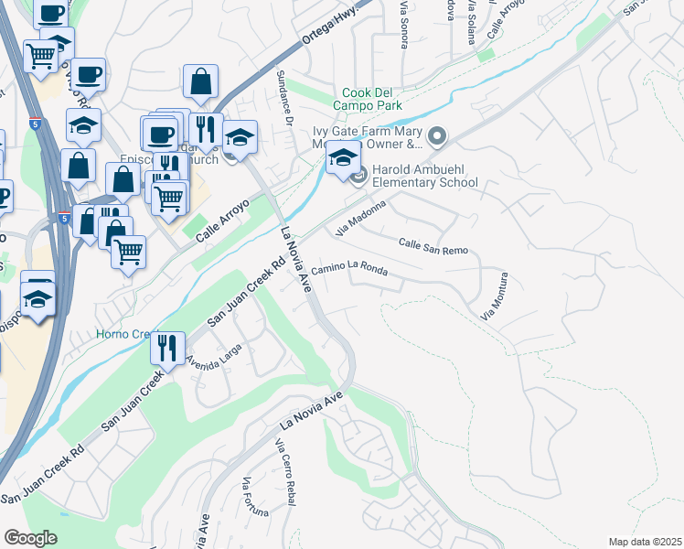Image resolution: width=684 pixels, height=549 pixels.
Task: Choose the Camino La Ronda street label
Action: tap(349, 269)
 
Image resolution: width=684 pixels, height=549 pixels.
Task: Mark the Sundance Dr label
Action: tap(283, 83)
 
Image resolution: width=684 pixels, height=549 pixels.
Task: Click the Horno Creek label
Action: tap(123, 334)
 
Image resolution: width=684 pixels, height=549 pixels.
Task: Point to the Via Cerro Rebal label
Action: tap(289, 469)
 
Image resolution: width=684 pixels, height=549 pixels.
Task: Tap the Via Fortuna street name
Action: tap(247, 499)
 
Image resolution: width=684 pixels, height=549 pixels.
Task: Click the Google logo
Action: tap(30, 538)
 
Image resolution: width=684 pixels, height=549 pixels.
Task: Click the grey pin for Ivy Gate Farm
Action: tap(436, 138)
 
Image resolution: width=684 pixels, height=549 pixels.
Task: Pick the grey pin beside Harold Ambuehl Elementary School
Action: tap(359, 175)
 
